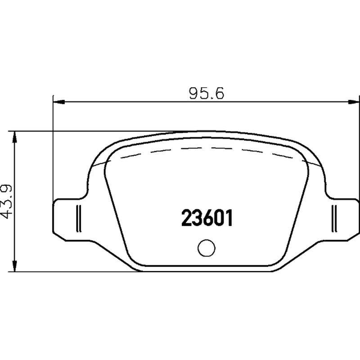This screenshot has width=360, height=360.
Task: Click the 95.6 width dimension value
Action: [207, 94]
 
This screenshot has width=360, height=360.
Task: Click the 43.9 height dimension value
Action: [6, 201]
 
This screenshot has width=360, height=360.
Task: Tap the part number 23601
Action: [207, 218]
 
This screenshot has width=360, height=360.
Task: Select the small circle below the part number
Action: [207, 248]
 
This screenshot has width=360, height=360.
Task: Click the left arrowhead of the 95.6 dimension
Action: [59, 102]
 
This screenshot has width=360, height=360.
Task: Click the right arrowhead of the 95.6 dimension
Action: [353, 102]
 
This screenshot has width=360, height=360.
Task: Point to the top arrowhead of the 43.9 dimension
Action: [14, 137]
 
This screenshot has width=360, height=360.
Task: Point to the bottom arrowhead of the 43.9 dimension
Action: [14, 266]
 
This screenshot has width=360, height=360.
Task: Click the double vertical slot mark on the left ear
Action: [78, 218]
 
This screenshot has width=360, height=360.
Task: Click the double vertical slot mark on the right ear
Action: [334, 218]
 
